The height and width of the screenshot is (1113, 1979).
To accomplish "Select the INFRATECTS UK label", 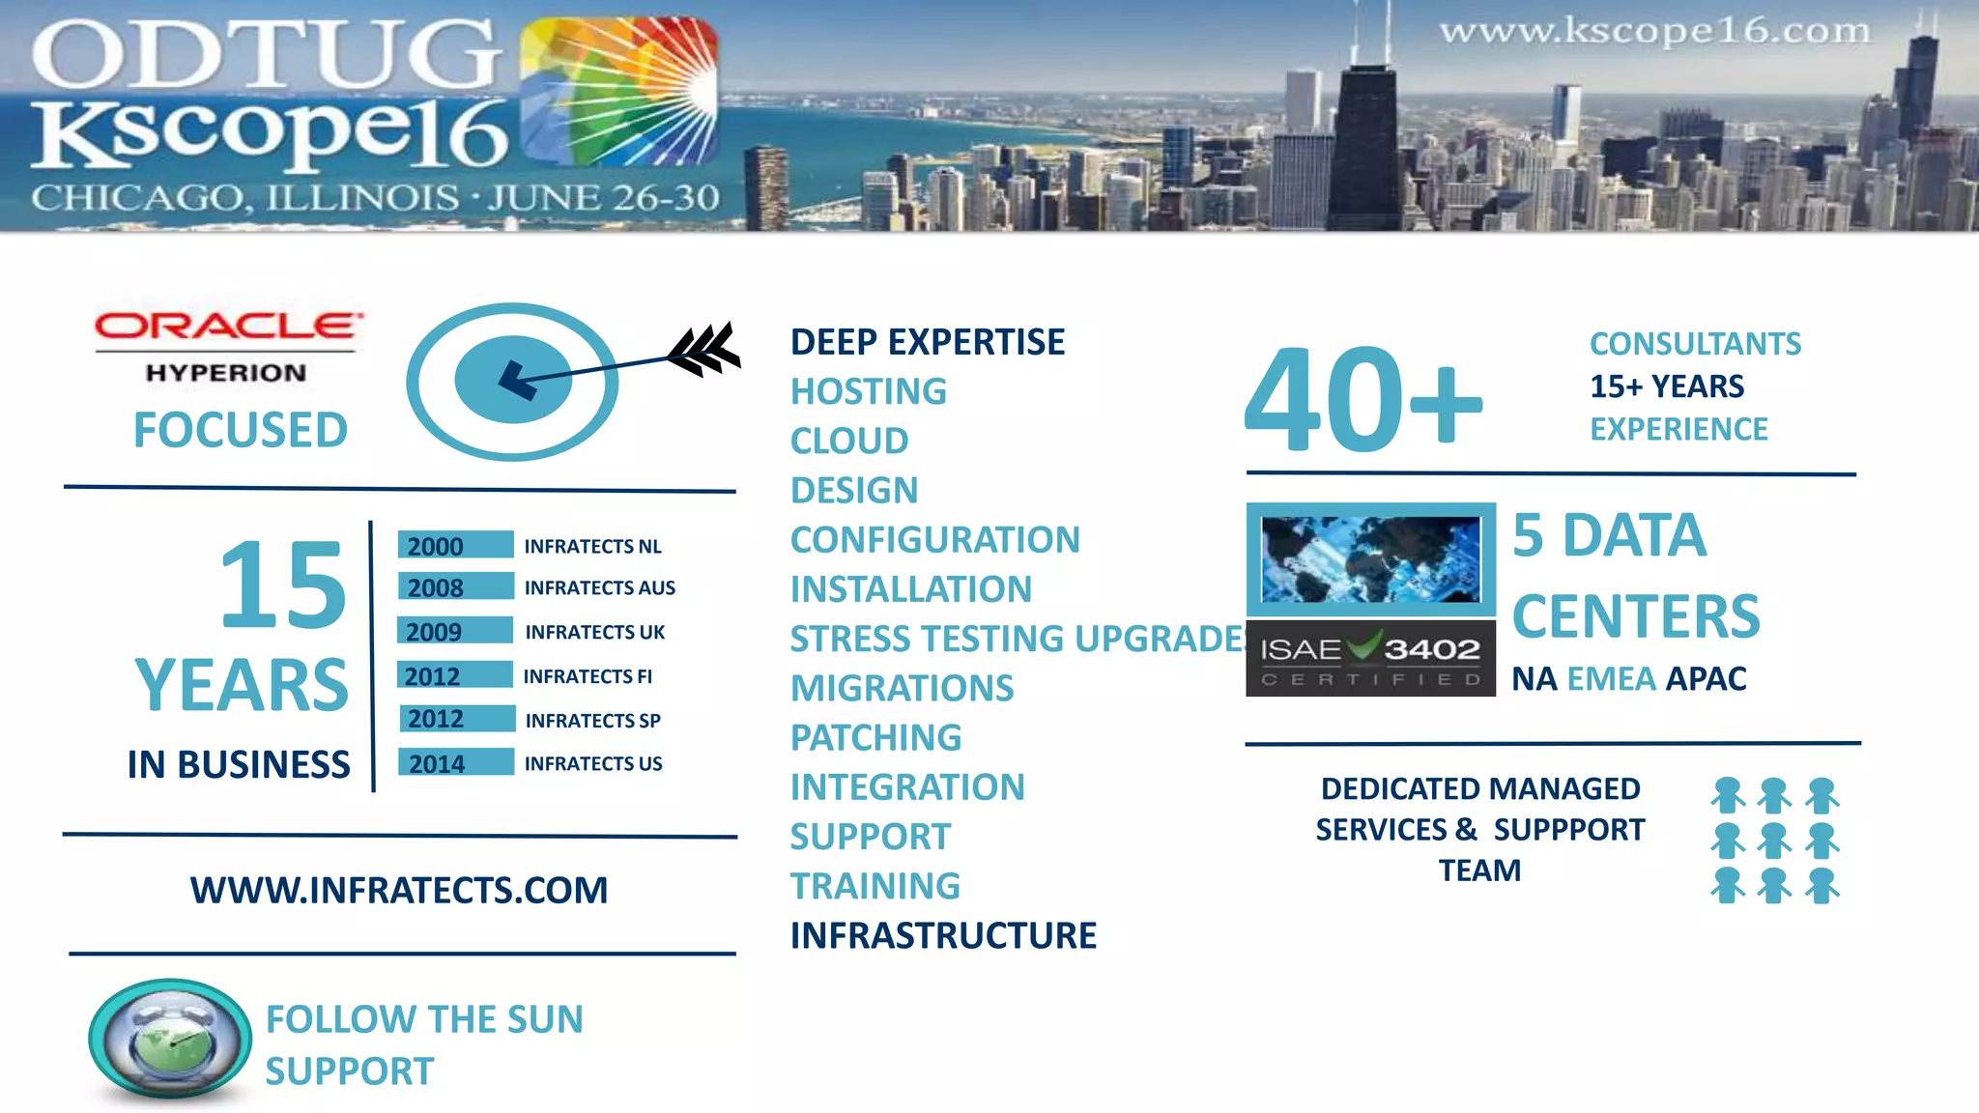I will coord(594,632).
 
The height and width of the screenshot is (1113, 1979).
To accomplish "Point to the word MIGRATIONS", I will coord(902,688).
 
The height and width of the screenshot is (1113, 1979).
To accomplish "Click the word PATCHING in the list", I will coord(875,737).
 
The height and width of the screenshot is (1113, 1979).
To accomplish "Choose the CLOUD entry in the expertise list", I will coord(848,441).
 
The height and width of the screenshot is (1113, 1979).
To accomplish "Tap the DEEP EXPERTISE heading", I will coord(927,342).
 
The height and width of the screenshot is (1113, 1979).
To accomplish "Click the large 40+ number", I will coord(1362,400).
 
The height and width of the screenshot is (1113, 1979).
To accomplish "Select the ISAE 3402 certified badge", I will coord(1370,659).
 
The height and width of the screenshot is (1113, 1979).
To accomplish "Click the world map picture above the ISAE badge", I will coord(1370,559).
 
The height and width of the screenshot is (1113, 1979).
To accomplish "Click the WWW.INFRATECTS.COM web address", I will coord(399,890).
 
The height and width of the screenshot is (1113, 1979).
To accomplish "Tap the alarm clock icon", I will coord(170,1042).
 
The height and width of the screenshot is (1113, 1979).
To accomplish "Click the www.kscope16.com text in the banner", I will coord(1654,32).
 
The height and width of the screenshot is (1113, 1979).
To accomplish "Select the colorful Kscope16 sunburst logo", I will coord(618,92).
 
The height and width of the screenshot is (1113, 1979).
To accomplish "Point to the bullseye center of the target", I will coord(512,380).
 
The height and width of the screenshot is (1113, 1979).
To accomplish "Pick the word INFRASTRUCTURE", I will coord(943,935).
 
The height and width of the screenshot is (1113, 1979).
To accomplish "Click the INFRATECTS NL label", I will coord(592,546).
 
